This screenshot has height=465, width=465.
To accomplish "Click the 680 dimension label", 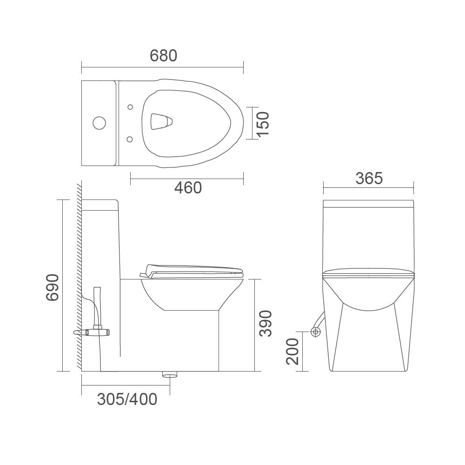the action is (163, 55).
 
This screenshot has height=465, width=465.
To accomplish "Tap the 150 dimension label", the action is (263, 124).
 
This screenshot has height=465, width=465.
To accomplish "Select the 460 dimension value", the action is (188, 188).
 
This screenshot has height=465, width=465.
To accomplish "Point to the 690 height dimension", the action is (53, 287).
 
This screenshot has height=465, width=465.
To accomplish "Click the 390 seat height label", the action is (265, 324).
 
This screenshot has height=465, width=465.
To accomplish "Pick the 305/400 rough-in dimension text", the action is (127, 399).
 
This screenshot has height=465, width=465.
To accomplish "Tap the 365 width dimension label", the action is (369, 178).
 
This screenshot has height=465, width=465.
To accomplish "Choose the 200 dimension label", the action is (292, 352).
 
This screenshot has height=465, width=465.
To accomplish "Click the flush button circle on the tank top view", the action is (99, 123).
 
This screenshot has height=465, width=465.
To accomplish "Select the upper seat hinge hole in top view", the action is (130, 107).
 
